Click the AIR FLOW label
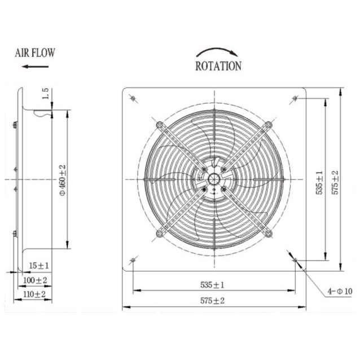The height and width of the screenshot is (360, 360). pos(35,53)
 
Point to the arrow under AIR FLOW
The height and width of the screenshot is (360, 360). pos(35,67)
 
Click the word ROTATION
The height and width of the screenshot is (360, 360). pos(218,66)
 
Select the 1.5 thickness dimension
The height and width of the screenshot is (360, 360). pos(46,94)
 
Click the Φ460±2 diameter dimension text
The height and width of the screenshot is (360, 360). pos(63,180)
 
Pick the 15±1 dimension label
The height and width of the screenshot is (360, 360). pos(39,266)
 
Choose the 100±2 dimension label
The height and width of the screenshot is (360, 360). pos(35,280)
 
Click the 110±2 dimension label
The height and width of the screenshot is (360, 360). pos(34,294)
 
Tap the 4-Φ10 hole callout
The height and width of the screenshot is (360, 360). pos(340,291)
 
